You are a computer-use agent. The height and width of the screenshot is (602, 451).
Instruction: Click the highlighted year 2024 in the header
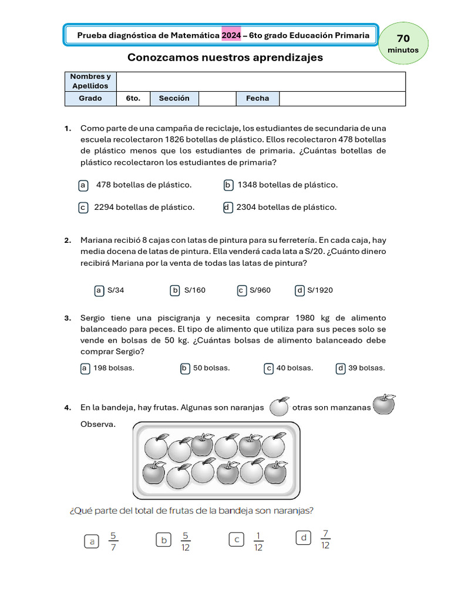[230, 35]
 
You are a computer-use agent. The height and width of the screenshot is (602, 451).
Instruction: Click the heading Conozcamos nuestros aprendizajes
[225, 58]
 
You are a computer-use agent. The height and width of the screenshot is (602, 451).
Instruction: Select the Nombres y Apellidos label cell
[90, 81]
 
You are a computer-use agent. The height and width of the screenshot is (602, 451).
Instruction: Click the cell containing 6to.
[133, 99]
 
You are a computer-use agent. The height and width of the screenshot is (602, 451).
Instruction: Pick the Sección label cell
[174, 99]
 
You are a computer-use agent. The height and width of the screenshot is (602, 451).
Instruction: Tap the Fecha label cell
[257, 99]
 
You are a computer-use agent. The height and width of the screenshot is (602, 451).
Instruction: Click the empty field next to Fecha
[342, 99]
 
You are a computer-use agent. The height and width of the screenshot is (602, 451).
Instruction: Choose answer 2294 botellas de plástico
[144, 208]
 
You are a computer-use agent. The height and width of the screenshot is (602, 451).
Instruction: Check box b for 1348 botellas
[228, 185]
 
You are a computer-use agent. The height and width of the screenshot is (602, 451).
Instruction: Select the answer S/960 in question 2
[260, 290]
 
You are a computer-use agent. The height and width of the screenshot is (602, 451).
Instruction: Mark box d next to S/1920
[300, 290]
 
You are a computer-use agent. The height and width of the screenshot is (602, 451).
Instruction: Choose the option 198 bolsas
[114, 369]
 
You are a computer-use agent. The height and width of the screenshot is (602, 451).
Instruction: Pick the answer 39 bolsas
[366, 369]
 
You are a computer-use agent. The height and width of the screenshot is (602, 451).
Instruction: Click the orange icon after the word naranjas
[279, 406]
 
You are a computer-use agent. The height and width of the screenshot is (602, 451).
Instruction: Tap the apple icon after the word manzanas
[384, 404]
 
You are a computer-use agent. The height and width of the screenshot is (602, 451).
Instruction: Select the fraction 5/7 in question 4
[114, 541]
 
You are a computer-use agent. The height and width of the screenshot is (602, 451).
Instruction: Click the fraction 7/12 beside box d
[326, 539]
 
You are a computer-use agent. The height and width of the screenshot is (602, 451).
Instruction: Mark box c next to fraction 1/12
[237, 540]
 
